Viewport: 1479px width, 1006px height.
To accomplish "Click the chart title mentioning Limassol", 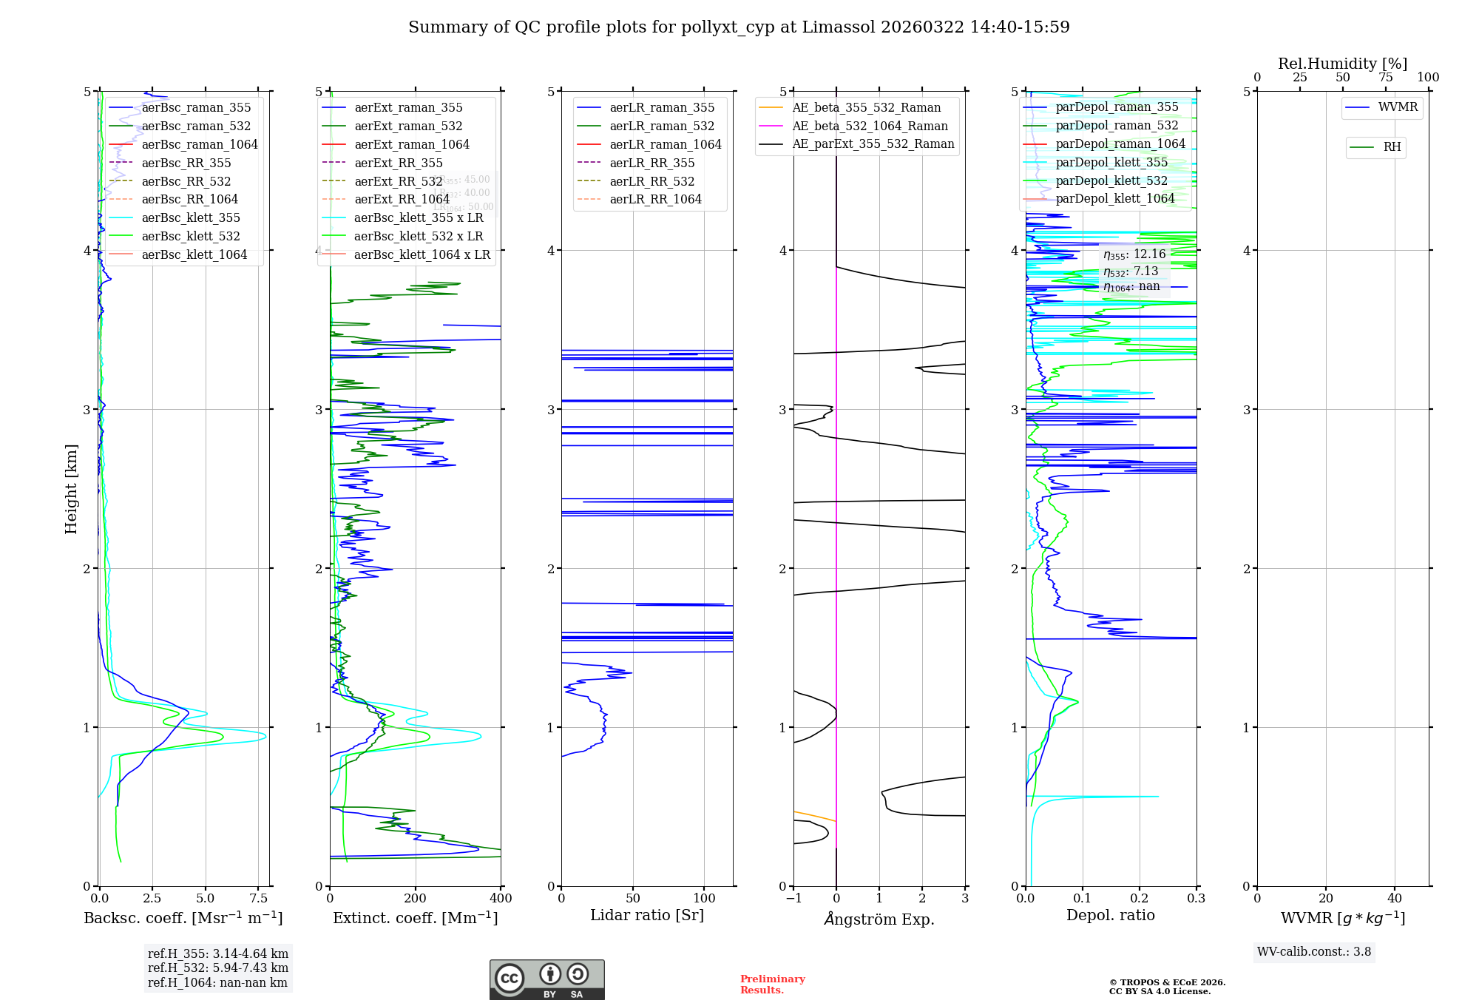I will [739, 27].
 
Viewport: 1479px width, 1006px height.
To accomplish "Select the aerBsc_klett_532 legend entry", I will [190, 236].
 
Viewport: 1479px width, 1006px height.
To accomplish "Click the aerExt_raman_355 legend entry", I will [408, 108].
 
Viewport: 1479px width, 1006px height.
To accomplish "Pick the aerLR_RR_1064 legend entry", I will [655, 199].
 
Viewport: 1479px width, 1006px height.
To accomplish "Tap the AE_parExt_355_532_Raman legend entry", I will [873, 144].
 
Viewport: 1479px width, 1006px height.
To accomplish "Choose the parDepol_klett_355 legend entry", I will [1111, 162].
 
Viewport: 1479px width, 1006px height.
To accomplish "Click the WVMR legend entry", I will [1398, 107].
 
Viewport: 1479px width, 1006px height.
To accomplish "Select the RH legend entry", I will [1392, 147].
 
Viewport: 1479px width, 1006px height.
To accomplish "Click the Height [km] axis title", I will [71, 488].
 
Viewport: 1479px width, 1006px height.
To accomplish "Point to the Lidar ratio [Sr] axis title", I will [647, 915].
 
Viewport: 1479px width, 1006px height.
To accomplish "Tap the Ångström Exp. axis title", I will [879, 919].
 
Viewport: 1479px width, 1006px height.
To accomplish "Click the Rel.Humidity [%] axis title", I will [1342, 64].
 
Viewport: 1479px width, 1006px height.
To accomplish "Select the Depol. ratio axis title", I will [1110, 915].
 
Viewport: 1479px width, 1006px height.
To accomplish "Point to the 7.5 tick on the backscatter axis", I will [258, 898].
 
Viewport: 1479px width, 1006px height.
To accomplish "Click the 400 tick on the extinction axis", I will [501, 898].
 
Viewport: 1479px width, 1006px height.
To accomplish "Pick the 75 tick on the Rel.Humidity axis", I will [1385, 78].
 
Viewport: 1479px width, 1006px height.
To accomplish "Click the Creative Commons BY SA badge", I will [546, 979].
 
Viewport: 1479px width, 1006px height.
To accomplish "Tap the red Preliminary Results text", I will [772, 984].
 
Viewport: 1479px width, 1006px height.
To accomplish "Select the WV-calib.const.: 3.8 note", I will [1313, 951].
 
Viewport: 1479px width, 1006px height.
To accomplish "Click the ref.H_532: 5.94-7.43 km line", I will [217, 968].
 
